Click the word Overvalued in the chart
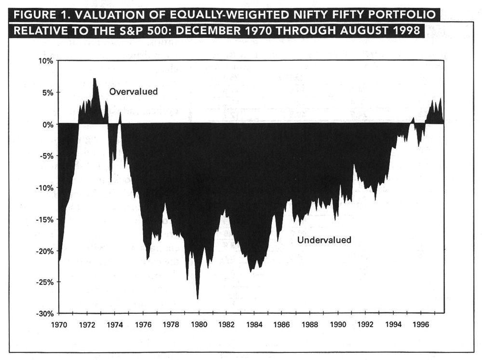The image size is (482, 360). pos(134,92)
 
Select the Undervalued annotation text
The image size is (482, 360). pos(324,240)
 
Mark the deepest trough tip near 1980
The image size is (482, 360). pos(198,299)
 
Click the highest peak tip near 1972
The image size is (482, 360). pos(94,79)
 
